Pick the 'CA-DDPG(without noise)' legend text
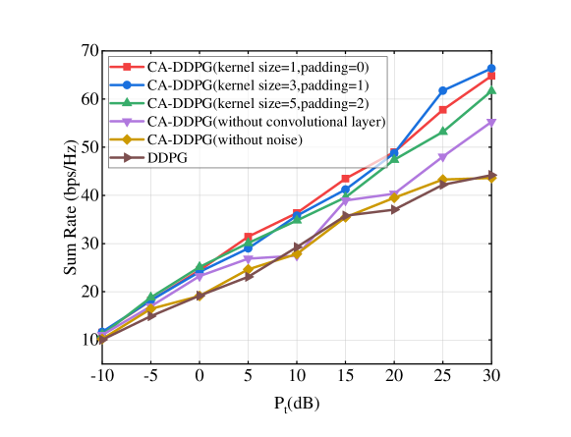(225, 139)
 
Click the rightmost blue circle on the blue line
(490, 69)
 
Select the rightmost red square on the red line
(490, 76)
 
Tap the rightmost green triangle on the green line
(490, 90)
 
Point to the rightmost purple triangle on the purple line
(490, 123)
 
